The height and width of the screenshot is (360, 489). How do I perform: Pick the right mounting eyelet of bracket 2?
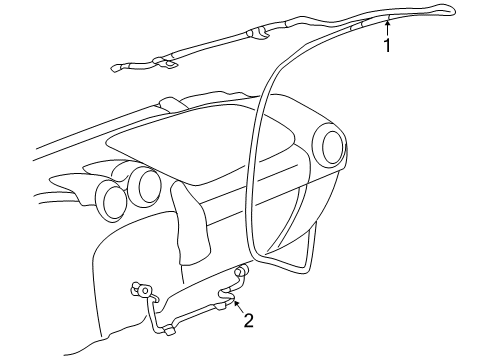pyautogui.click(x=241, y=273)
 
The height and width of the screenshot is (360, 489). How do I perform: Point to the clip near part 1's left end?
pyautogui.click(x=166, y=66)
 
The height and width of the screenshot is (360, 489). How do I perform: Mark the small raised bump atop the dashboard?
pyautogui.click(x=169, y=103)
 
